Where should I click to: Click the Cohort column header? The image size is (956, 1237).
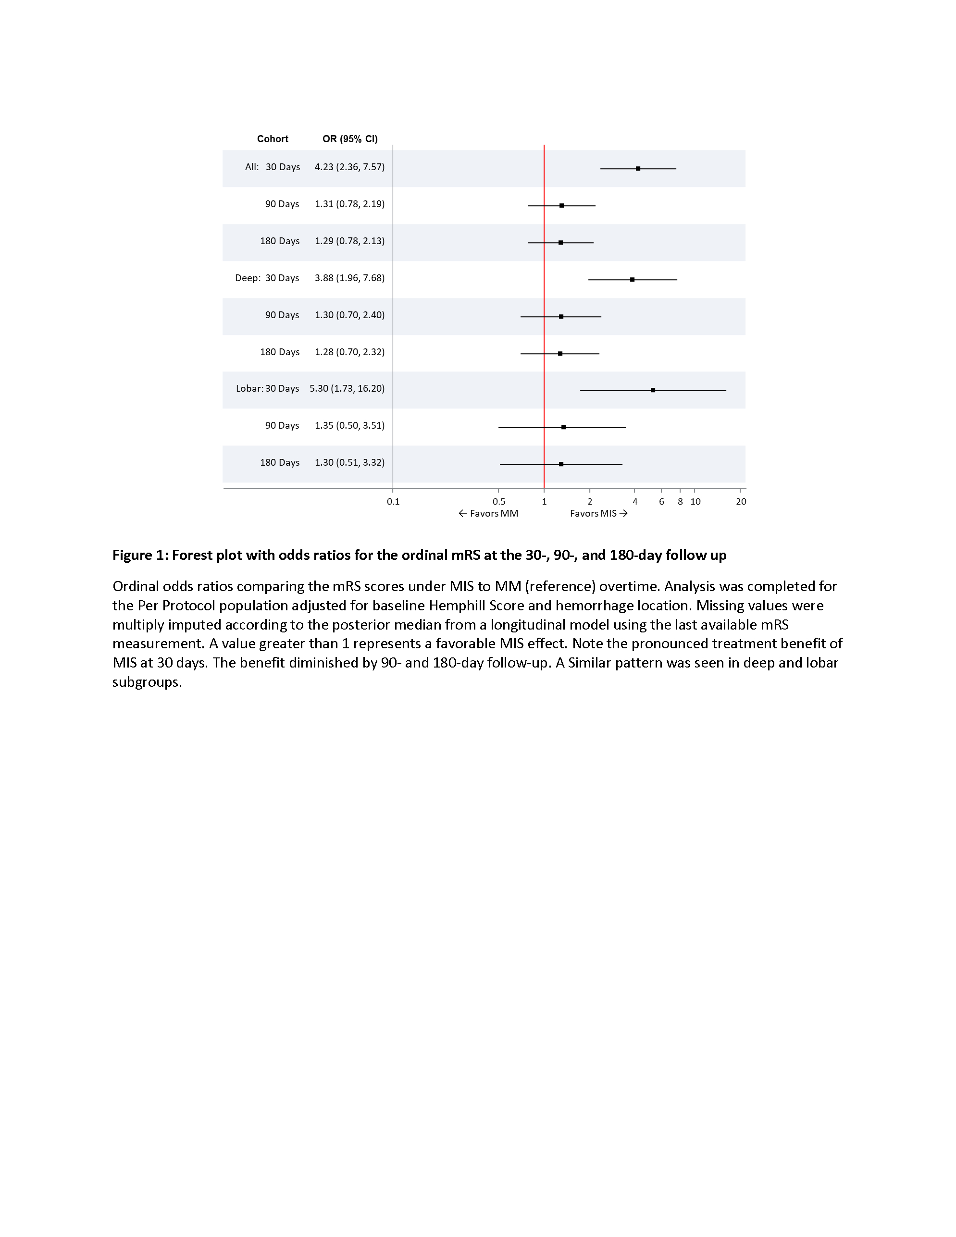coord(273,139)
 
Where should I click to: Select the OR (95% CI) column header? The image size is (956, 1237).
coord(349,139)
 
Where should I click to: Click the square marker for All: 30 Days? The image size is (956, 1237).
coord(638,169)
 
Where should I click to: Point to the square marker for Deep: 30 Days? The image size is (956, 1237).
coord(632,279)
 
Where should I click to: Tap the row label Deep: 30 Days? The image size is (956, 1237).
coord(267,278)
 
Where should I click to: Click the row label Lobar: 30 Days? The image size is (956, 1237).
coord(267,388)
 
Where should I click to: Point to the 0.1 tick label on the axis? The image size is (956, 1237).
coord(393,501)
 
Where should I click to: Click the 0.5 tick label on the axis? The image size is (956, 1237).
coord(498,501)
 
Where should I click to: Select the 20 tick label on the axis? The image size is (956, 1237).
coord(741,501)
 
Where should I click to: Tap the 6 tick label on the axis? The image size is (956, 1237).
coord(661,501)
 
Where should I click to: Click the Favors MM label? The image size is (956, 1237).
coord(488,514)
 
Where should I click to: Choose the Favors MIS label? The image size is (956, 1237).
coord(598,514)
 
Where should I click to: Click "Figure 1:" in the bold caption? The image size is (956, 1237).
coord(140,555)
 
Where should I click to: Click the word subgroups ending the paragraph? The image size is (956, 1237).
coord(146,682)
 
